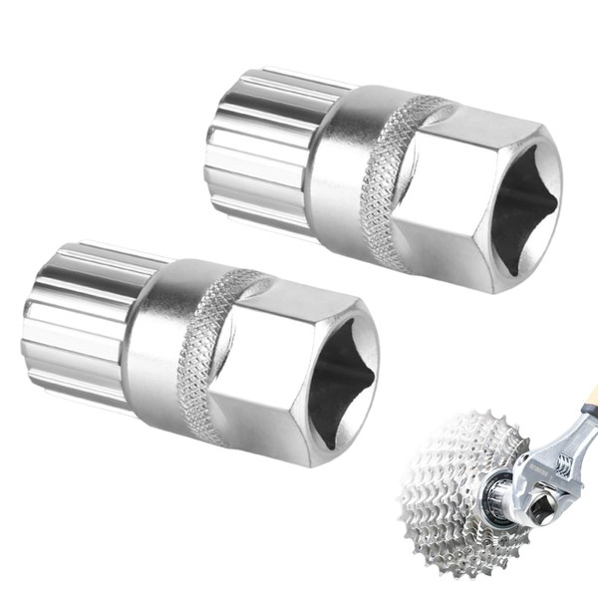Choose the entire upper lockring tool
click(x=384, y=179)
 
